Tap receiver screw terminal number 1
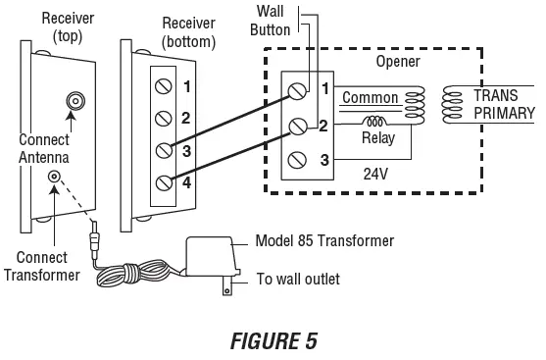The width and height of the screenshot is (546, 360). pos(165,86)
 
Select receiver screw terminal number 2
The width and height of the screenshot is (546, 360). pos(165,119)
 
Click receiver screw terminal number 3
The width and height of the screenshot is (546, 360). pos(165,150)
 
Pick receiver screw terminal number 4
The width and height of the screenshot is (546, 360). pos(165,181)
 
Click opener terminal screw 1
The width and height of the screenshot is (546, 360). pos(297,91)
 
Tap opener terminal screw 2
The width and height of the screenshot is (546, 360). pos(297,126)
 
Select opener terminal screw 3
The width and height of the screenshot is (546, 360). pos(297,159)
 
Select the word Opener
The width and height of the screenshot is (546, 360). pos(398,62)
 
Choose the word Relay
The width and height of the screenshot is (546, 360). pos(377,138)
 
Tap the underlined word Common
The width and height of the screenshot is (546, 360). pos(369,97)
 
